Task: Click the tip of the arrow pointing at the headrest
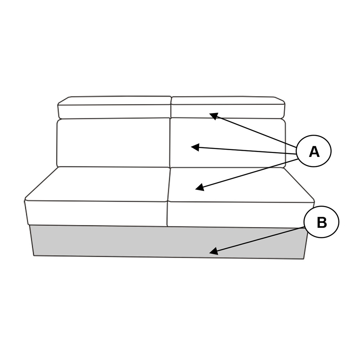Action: pos(210,113)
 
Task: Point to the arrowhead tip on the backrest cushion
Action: pos(191,147)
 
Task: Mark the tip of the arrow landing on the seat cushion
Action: pos(195,189)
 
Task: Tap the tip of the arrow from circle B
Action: pos(210,253)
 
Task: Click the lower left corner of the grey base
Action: pos(34,256)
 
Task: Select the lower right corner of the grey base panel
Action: pos(303,259)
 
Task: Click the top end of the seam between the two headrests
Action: pos(171,96)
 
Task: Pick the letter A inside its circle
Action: pos(314,152)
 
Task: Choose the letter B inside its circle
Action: pos(321,222)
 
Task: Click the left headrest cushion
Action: pos(114,107)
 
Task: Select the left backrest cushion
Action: pos(113,142)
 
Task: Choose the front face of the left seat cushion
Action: pos(96,213)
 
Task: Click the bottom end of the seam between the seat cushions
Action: pos(168,226)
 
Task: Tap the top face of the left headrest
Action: pos(114,100)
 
